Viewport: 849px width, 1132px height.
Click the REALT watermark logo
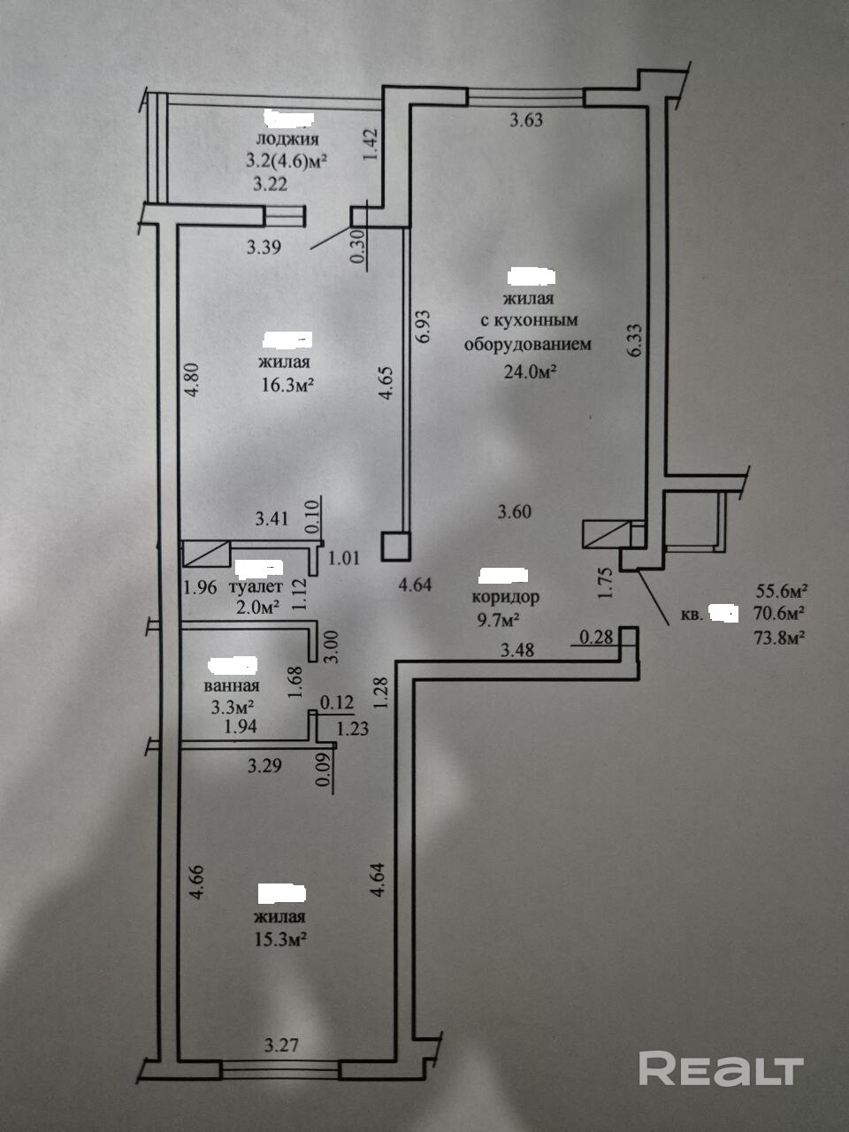coord(721,1068)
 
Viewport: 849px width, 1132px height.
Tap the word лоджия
coord(287,139)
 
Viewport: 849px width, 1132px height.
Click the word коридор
coord(506,597)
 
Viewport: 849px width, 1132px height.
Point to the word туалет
coord(256,586)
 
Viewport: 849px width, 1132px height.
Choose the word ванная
coord(232,685)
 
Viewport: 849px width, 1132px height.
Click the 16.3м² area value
coord(287,385)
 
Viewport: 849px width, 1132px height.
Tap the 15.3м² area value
coord(280,939)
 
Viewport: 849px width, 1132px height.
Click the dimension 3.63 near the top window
coord(527,120)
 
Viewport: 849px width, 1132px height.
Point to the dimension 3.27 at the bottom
coord(281,1045)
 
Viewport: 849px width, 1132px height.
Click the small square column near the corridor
coord(395,546)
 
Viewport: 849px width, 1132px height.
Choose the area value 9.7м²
coord(497,617)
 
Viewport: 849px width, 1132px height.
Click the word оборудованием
coord(529,344)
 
